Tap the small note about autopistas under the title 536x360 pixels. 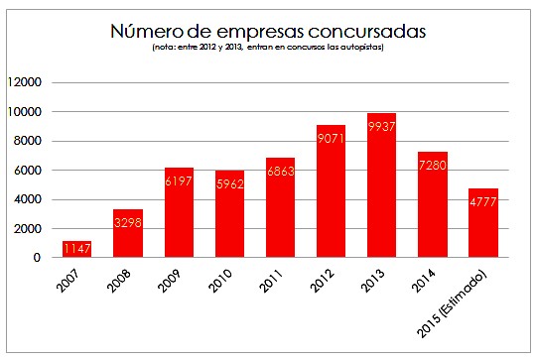click(x=268, y=48)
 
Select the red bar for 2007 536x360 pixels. click(x=77, y=249)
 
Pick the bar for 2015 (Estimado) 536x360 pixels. click(x=482, y=223)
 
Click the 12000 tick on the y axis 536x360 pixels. click(x=27, y=82)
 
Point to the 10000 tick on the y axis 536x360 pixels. click(x=27, y=112)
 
